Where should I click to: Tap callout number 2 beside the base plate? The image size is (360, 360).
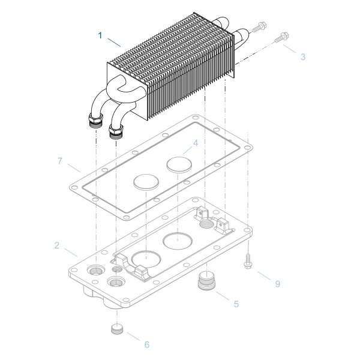coord(56,245)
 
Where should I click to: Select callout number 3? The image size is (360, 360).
coord(303,57)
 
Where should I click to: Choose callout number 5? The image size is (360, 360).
coord(236,304)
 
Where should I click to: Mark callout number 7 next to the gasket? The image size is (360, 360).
coord(59,161)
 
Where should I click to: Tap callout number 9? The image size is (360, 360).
coord(277,284)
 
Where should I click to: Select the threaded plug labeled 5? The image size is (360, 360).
coord(206,280)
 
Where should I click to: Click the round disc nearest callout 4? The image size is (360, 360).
coord(178,163)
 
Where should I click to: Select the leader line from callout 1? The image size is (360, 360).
coord(114,41)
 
